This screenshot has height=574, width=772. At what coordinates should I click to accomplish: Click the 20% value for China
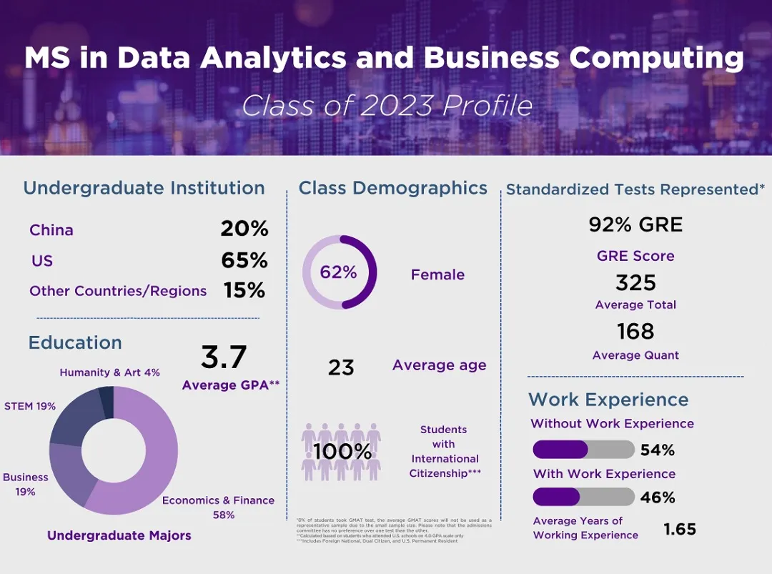point(244,229)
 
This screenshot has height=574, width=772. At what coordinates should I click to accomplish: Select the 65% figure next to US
point(244,260)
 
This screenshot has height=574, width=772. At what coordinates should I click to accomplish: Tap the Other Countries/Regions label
point(118,291)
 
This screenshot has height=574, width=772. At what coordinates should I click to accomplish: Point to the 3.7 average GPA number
point(224,357)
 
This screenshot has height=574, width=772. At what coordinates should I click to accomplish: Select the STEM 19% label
point(30,406)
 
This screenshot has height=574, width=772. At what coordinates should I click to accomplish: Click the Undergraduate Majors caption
point(119,535)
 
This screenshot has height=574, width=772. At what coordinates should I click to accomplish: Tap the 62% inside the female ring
point(338,272)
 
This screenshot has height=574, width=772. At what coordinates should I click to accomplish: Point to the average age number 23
point(341,367)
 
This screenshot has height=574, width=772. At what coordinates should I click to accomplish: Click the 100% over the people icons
point(342,452)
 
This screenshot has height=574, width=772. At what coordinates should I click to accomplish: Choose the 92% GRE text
point(635,225)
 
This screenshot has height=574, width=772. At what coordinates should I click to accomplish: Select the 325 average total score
point(635,282)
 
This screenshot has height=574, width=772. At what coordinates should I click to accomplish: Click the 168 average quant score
point(635,331)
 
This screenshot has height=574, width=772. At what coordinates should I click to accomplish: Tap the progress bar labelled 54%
point(583,450)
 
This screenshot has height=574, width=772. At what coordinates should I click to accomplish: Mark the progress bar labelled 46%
point(583,497)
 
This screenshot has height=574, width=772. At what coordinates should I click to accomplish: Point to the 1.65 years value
point(679,529)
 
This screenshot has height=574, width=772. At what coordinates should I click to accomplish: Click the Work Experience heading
point(608,400)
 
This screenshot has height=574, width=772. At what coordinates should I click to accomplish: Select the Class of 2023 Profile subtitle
point(387,106)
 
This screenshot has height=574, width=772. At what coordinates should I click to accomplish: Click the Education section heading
point(75,342)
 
